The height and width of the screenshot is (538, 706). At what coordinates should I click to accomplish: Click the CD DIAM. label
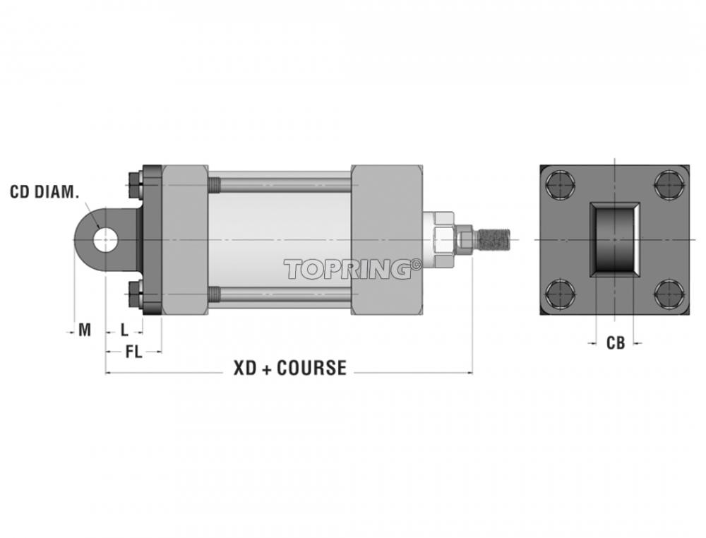44,192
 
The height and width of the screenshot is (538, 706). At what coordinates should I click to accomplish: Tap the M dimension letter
85,330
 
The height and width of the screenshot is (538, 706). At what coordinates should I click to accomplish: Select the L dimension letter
125,330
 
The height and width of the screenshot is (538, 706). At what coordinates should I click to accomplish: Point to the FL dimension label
133,352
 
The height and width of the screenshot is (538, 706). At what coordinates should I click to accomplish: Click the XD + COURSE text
290,368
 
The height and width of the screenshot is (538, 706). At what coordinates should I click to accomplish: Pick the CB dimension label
616,343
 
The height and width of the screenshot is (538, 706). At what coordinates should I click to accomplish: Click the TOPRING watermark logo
347,269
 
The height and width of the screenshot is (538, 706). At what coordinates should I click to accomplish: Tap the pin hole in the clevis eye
106,239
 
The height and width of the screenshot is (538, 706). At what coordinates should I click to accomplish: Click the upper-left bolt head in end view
560,184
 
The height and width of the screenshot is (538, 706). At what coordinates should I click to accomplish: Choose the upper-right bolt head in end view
669,184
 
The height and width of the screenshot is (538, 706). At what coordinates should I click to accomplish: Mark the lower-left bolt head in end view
560,294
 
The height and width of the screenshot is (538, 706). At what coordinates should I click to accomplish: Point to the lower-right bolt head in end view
669,294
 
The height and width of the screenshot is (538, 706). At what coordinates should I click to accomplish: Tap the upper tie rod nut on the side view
134,184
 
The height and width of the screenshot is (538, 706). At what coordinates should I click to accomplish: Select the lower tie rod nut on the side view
134,294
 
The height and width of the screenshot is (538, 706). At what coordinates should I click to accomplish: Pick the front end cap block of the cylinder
387,239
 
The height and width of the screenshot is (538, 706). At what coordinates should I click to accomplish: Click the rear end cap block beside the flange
184,239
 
